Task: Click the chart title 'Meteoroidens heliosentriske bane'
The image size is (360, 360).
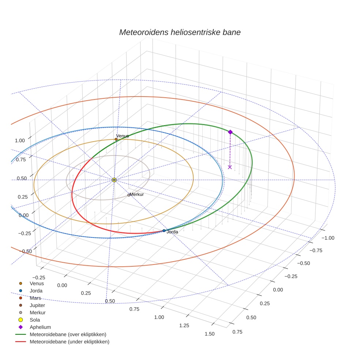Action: point(180,32)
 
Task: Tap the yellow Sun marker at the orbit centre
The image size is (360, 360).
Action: point(114,180)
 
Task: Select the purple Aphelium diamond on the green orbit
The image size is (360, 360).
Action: point(230,132)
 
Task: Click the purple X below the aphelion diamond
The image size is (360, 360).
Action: point(230,167)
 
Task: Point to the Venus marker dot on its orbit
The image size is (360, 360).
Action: point(116,139)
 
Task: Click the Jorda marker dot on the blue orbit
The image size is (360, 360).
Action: point(164,231)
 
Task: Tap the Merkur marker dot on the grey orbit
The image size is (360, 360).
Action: point(128,195)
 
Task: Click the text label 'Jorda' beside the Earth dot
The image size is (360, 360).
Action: point(172,232)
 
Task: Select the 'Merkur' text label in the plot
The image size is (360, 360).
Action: point(137,195)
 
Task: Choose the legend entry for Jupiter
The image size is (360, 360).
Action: point(37,305)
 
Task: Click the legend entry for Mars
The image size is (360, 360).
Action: point(35,298)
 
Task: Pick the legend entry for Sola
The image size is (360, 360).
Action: point(35,320)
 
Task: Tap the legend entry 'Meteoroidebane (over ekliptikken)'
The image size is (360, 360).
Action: point(68,334)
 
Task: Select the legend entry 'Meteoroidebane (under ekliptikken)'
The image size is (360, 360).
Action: point(69,342)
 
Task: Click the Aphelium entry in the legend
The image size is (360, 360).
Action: point(40,327)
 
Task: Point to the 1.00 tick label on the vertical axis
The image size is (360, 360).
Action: point(20,140)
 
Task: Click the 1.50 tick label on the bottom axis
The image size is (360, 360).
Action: point(210,334)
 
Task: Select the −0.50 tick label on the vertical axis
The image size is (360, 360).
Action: point(25,251)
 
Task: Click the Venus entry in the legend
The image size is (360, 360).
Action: point(37,283)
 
